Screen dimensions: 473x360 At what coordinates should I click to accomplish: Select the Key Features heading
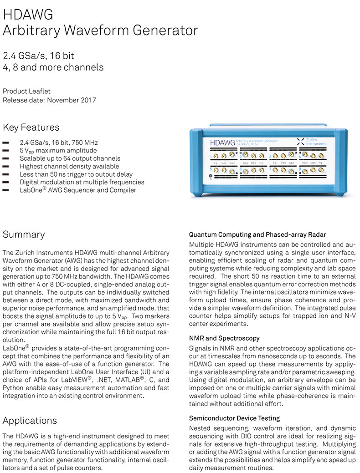tap(31, 127)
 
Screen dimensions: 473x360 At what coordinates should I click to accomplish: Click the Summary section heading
tap(24, 235)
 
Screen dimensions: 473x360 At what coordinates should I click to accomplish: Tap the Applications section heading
tap(30, 420)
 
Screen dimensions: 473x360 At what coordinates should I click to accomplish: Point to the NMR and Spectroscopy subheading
tap(224, 338)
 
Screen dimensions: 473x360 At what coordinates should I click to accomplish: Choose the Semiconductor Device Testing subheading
tap(234, 418)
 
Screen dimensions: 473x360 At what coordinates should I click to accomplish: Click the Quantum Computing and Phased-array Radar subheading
tap(257, 235)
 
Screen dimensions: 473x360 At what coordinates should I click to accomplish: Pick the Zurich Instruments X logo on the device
tap(300, 142)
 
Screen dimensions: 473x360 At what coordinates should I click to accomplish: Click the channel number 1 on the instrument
tap(211, 157)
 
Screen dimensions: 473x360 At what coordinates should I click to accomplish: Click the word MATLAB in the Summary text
tap(127, 379)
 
